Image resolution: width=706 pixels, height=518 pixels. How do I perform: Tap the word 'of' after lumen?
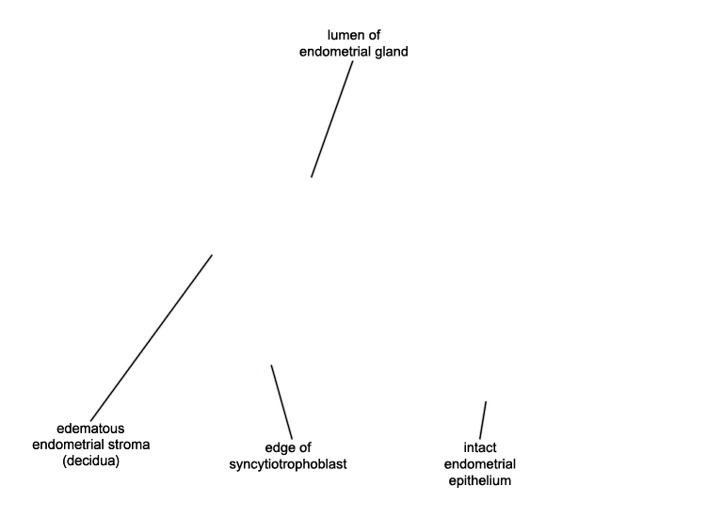(374, 35)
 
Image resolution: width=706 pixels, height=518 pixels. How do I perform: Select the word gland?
(392, 52)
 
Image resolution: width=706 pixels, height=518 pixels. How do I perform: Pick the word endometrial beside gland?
(335, 52)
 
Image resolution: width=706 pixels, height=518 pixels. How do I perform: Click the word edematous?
(90, 428)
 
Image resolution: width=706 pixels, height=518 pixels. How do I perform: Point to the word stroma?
(129, 445)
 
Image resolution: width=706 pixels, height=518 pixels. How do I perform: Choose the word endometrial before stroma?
(68, 445)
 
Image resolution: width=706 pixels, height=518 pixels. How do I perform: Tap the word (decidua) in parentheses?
(91, 461)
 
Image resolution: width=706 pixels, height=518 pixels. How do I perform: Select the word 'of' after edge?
(304, 447)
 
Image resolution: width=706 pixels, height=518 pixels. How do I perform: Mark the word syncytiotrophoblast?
(288, 464)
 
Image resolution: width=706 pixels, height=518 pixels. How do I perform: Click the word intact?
(480, 447)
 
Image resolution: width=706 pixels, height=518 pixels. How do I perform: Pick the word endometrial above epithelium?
(480, 464)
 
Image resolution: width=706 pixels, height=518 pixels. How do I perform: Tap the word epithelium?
(480, 480)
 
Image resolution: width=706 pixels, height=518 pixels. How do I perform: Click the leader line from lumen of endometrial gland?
(332, 120)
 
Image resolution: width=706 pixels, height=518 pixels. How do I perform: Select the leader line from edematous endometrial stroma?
(152, 338)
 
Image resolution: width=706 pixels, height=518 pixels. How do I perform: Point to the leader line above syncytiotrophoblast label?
(281, 402)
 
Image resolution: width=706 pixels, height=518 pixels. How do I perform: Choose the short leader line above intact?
(483, 420)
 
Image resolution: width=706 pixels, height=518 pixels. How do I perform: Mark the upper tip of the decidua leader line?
(212, 255)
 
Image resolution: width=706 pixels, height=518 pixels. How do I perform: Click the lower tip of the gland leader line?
(312, 177)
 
